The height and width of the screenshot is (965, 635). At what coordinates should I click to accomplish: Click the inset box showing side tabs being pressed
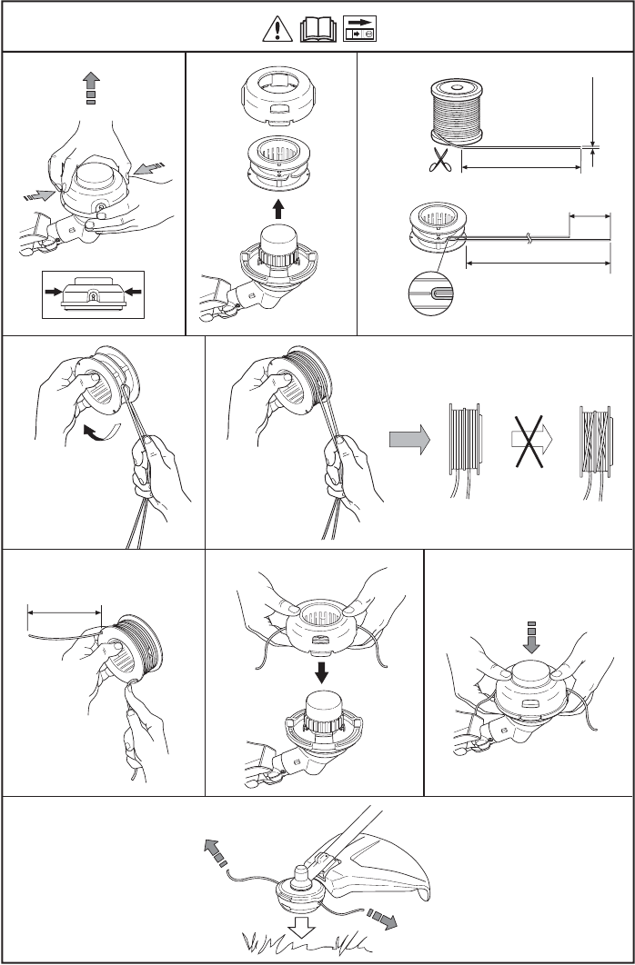coord(92,293)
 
